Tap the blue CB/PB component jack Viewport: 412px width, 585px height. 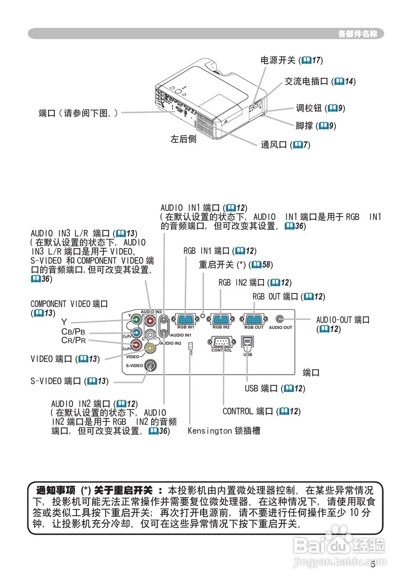click(x=136, y=333)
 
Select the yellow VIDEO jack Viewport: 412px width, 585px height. click(x=149, y=348)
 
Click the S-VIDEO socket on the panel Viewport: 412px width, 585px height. click(x=149, y=366)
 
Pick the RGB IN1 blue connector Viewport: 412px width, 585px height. click(x=185, y=319)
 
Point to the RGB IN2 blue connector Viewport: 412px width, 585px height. click(x=221, y=319)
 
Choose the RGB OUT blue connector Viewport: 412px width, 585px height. click(x=254, y=319)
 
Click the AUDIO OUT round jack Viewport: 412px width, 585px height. click(x=280, y=319)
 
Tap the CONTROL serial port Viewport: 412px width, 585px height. click(x=222, y=342)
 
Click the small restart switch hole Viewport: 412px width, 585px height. click(x=203, y=315)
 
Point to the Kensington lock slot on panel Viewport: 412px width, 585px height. click(x=190, y=348)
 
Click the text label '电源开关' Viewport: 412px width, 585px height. click(x=278, y=60)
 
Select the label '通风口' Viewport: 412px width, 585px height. click(x=274, y=145)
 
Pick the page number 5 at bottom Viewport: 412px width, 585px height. click(x=373, y=564)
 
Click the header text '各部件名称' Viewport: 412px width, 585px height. click(x=357, y=34)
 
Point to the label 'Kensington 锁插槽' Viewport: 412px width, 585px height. click(x=224, y=431)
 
